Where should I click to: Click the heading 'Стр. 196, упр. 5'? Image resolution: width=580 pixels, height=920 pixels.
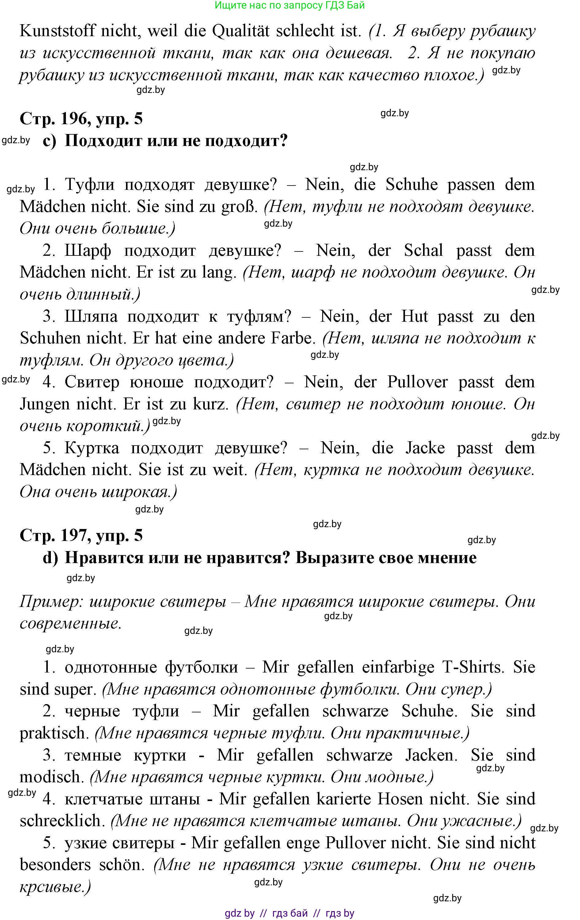tap(81, 119)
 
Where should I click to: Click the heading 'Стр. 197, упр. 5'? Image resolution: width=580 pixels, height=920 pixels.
tap(81, 536)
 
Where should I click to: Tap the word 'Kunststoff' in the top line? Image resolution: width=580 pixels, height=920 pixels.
tap(57, 31)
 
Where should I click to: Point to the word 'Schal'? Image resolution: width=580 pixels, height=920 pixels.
tap(423, 251)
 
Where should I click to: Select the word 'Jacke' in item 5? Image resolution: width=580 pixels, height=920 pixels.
tap(425, 448)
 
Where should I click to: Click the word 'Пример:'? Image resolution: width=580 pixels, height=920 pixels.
tap(50, 602)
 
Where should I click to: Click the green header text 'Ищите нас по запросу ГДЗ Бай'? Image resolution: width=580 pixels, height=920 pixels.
tap(289, 5)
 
